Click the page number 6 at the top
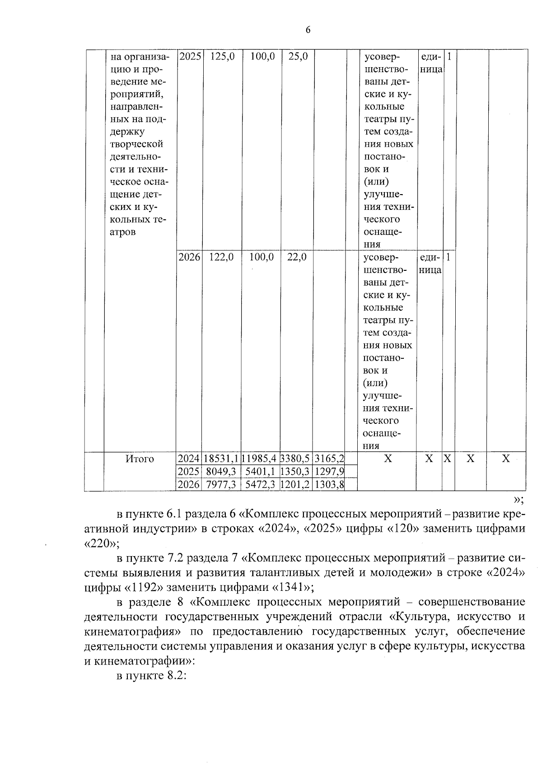click(308, 30)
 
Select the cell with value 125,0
click(222, 57)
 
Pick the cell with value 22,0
click(297, 257)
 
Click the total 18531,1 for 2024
click(221, 459)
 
